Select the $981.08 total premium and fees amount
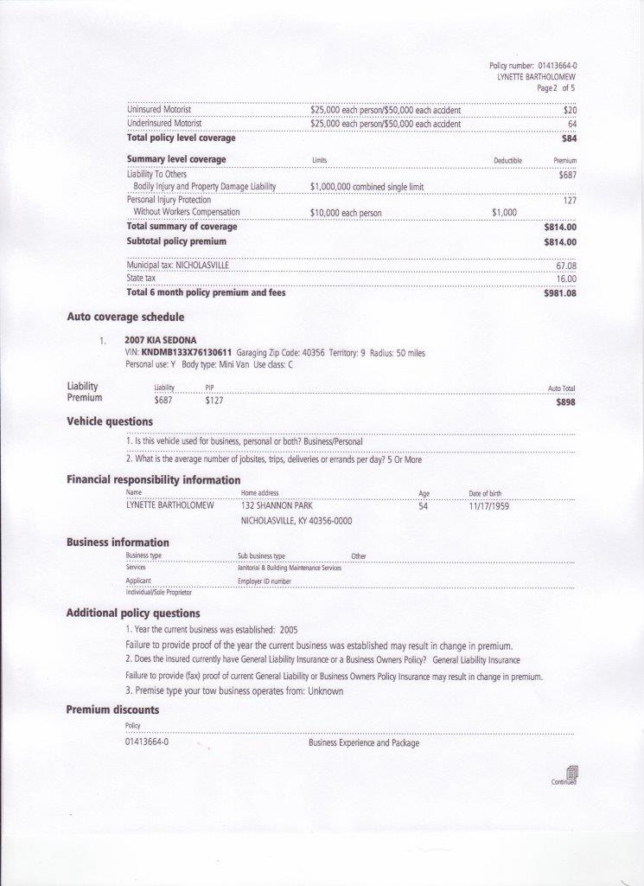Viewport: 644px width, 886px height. pyautogui.click(x=559, y=293)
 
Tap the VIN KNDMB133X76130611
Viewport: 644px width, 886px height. pyautogui.click(x=187, y=353)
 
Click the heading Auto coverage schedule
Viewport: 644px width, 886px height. pyautogui.click(x=125, y=317)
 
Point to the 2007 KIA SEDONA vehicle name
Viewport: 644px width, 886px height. pyautogui.click(x=161, y=340)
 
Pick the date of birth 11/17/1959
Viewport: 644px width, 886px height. pyautogui.click(x=488, y=506)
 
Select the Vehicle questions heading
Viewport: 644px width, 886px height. pyautogui.click(x=110, y=421)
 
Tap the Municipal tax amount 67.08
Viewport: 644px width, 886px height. pyautogui.click(x=566, y=266)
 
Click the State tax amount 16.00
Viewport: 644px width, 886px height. pyautogui.click(x=566, y=279)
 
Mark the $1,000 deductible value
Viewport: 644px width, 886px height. pyautogui.click(x=504, y=213)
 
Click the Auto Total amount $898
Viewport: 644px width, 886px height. pyautogui.click(x=566, y=402)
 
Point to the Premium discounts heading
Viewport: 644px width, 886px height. pyautogui.click(x=112, y=709)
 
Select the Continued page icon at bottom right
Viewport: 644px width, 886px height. pyautogui.click(x=571, y=772)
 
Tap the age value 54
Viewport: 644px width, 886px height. pyautogui.click(x=423, y=506)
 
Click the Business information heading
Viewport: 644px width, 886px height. pyautogui.click(x=118, y=543)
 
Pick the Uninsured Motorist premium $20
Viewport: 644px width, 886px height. pyautogui.click(x=570, y=111)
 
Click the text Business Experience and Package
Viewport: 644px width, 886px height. pyautogui.click(x=363, y=743)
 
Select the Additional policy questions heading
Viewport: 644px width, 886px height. pyautogui.click(x=133, y=613)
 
